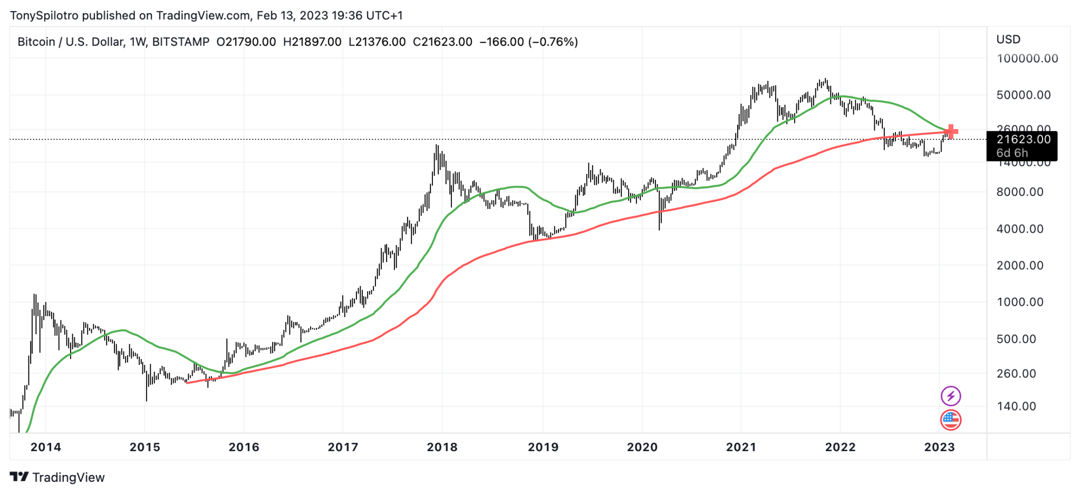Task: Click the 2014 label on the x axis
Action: point(45,447)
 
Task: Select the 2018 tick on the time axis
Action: point(442,447)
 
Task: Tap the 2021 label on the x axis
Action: point(741,447)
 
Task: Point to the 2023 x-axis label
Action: point(939,447)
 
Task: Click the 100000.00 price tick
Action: point(1027,59)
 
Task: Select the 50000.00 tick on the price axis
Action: point(1023,95)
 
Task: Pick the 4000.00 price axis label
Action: point(1020,229)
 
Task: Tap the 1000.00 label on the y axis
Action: point(1020,302)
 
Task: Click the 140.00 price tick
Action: point(1016,406)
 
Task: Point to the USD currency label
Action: point(1008,40)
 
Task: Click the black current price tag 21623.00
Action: point(1023,139)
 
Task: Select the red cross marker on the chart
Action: point(951,131)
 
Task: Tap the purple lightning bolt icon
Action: point(951,396)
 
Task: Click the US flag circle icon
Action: point(951,420)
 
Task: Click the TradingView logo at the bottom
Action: point(57,477)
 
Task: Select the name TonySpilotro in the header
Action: point(44,15)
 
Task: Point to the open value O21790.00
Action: point(246,42)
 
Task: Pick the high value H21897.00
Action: point(312,42)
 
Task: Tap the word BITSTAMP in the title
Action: point(180,42)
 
